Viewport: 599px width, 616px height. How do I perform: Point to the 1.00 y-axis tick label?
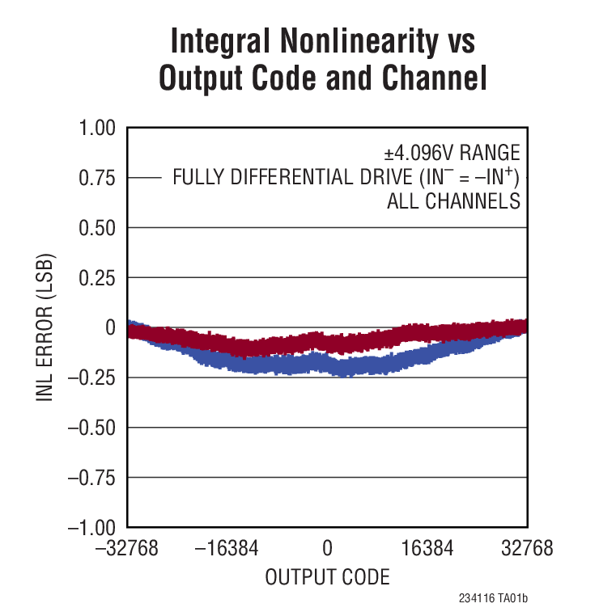(98, 128)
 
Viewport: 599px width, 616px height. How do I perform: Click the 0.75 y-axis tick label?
(98, 178)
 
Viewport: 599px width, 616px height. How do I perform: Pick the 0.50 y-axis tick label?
(98, 228)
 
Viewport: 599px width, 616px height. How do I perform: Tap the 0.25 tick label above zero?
(98, 278)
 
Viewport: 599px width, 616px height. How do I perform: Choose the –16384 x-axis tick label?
(226, 550)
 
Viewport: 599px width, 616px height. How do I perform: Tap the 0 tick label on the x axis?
(327, 550)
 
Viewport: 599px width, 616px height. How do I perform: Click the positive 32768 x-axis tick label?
(525, 550)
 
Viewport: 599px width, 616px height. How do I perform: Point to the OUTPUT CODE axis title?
(327, 577)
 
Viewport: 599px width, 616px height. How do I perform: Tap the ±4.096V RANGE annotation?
(451, 154)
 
